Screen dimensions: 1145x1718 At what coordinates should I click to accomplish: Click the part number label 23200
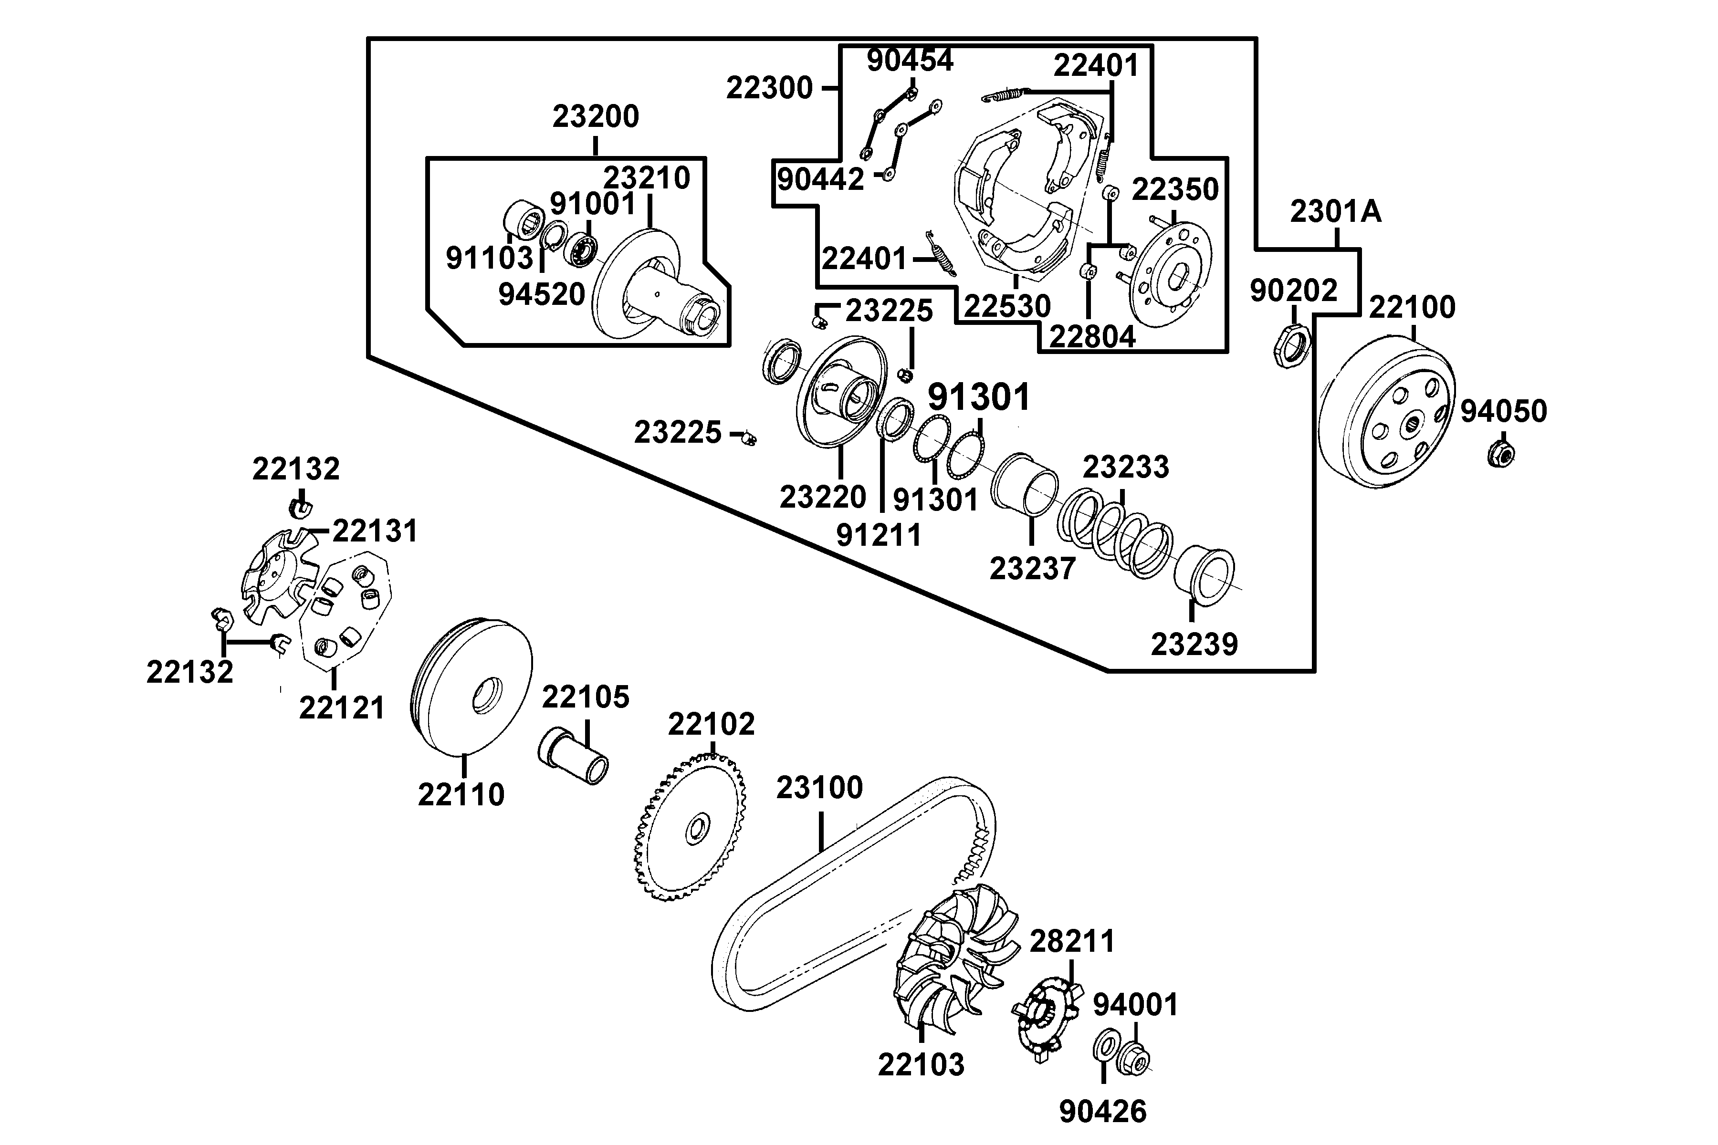(595, 117)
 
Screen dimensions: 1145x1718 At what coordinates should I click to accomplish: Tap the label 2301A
(1335, 212)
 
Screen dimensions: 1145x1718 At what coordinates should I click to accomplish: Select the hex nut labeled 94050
(1500, 454)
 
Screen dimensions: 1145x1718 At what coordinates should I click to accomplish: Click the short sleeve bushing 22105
(574, 755)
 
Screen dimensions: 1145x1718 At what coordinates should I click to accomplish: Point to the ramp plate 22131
(278, 577)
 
